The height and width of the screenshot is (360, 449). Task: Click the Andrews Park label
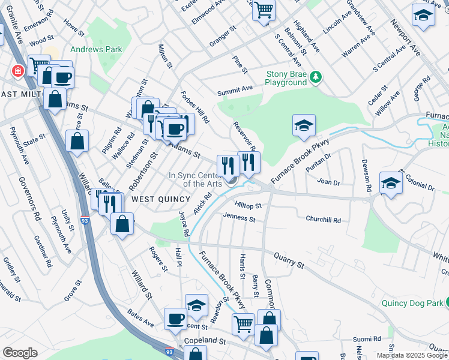click(96, 49)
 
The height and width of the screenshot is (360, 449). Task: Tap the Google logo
click(20, 352)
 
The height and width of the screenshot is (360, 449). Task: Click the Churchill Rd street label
click(323, 220)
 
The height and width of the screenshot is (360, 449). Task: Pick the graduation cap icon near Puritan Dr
click(304, 125)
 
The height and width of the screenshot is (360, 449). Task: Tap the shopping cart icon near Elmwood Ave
click(264, 10)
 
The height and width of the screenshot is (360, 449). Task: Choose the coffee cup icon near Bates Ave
click(175, 318)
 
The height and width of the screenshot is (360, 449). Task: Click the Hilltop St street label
click(249, 205)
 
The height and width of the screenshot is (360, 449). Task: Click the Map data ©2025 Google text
click(412, 355)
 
